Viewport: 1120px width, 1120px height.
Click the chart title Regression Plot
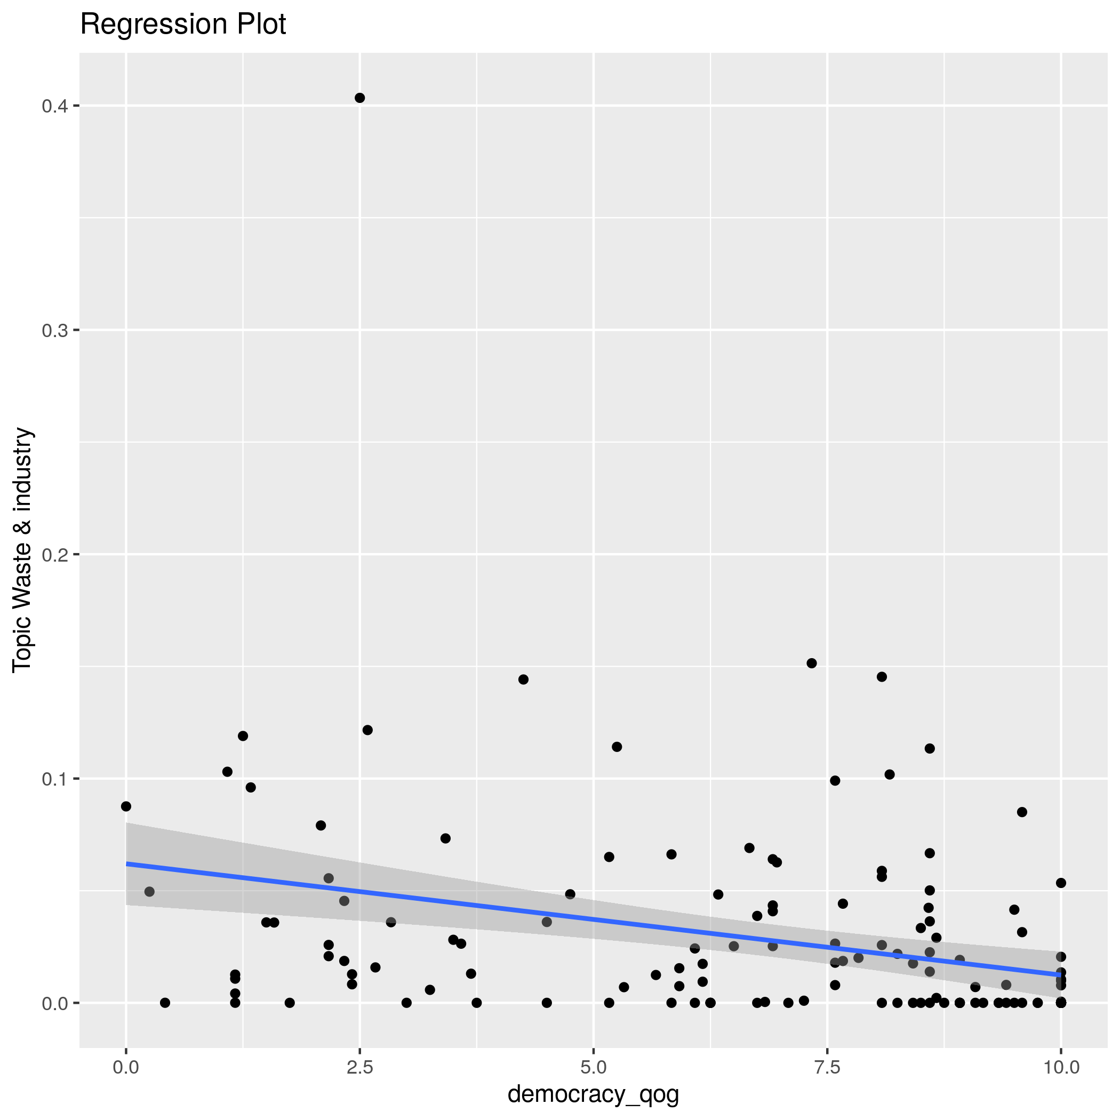click(182, 25)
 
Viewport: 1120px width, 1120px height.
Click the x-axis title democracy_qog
click(593, 1094)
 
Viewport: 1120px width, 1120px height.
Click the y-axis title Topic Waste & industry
click(22, 549)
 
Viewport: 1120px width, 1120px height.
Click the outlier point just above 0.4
click(359, 98)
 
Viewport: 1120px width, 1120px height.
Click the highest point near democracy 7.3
click(812, 663)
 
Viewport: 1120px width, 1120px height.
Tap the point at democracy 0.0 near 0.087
click(126, 806)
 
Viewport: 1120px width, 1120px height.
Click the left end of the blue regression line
click(127, 864)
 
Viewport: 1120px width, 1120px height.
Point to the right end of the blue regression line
click(1060, 974)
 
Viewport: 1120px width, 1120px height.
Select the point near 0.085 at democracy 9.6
click(1022, 812)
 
